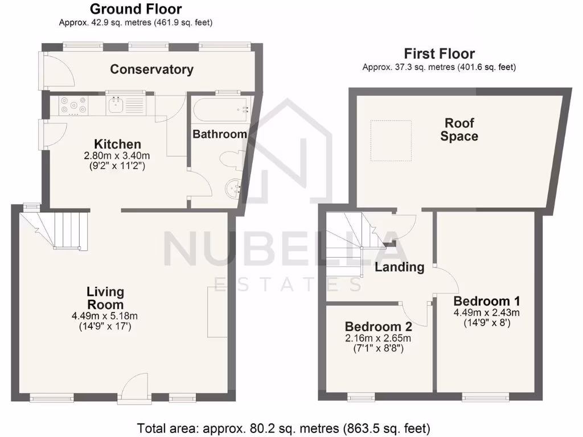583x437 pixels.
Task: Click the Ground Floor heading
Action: (136, 9)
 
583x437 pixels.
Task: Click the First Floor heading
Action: (439, 54)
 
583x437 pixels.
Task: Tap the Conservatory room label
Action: (151, 69)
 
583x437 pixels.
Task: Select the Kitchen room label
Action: (117, 143)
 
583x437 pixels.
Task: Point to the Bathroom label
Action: (220, 134)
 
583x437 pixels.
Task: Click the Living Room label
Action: (105, 298)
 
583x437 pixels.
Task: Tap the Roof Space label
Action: (459, 130)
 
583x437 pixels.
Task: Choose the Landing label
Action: (399, 267)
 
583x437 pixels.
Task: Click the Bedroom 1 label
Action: (487, 301)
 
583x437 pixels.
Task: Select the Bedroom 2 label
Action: (378, 327)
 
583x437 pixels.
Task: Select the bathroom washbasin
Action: (234, 187)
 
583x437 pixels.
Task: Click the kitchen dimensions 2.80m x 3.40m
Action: (117, 156)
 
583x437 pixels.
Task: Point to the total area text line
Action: (283, 427)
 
